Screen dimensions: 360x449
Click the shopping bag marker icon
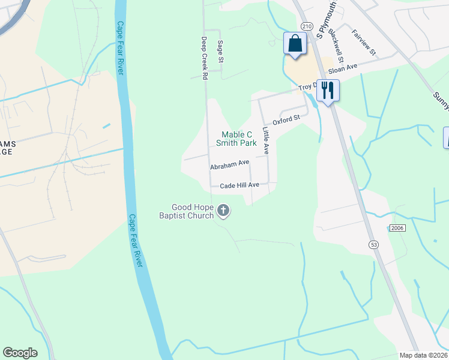[x=294, y=44]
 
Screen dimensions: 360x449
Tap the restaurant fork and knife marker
[x=328, y=91]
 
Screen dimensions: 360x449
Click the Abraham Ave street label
[x=229, y=163]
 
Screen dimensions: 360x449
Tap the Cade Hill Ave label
[x=240, y=185]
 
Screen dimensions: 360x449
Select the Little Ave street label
[x=265, y=140]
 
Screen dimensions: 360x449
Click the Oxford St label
[x=286, y=120]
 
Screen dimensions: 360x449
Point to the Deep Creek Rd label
[x=204, y=58]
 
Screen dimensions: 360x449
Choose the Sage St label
[x=220, y=52]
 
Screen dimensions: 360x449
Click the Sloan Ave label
[x=343, y=69]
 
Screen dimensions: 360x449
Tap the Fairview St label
[x=364, y=43]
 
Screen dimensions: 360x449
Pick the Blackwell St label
[x=339, y=47]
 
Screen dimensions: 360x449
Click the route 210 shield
[x=307, y=27]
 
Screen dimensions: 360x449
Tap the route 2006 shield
[x=397, y=228]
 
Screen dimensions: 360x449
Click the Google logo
[x=20, y=353]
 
